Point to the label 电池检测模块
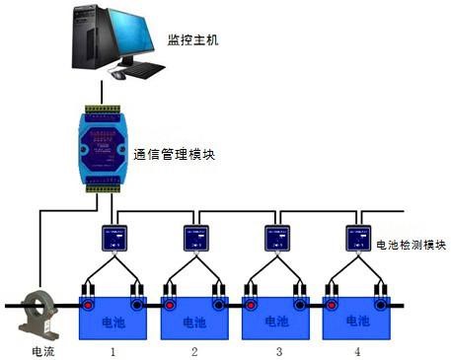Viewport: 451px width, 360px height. pyautogui.click(x=412, y=245)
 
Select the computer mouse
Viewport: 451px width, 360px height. pyautogui.click(x=118, y=75)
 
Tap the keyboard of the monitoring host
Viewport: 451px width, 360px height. pyautogui.click(x=149, y=70)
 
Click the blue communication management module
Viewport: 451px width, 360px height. pyautogui.click(x=100, y=147)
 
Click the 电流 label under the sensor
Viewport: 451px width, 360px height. pyautogui.click(x=42, y=351)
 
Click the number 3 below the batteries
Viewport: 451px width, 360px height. pyautogui.click(x=279, y=351)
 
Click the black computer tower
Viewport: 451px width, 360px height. pyautogui.click(x=87, y=45)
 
